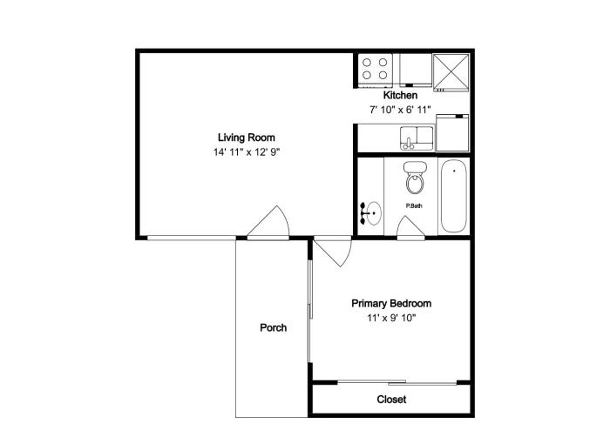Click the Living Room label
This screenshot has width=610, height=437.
tap(247, 138)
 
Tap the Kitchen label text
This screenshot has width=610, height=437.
tap(400, 95)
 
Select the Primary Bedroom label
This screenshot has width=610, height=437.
tap(391, 304)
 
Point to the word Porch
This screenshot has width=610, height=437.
tap(274, 327)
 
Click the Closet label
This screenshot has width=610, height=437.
tap(391, 400)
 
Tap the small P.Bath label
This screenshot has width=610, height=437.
tap(414, 206)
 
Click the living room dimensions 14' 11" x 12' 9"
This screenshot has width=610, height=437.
tap(247, 152)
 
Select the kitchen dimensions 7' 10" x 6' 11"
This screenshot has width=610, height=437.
tap(400, 110)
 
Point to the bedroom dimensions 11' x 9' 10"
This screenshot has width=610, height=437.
tap(391, 318)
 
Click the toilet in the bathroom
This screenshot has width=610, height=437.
tap(415, 178)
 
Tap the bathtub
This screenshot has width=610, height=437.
tap(454, 196)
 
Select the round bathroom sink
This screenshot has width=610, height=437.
tap(372, 213)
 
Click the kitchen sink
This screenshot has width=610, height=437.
tap(417, 138)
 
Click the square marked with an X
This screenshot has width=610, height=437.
tap(451, 72)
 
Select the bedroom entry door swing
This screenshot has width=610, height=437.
tap(333, 252)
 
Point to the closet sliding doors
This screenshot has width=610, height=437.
tap(396, 382)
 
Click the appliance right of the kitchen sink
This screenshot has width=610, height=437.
tap(452, 132)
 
